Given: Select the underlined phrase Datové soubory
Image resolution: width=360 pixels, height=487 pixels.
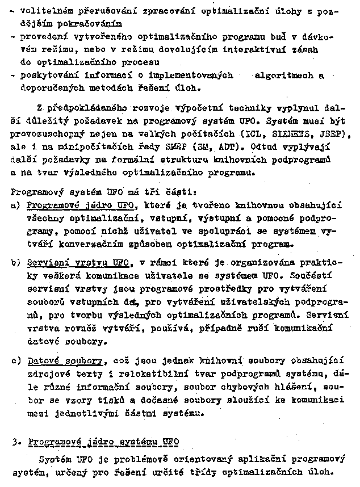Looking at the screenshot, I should (x=65, y=360).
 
